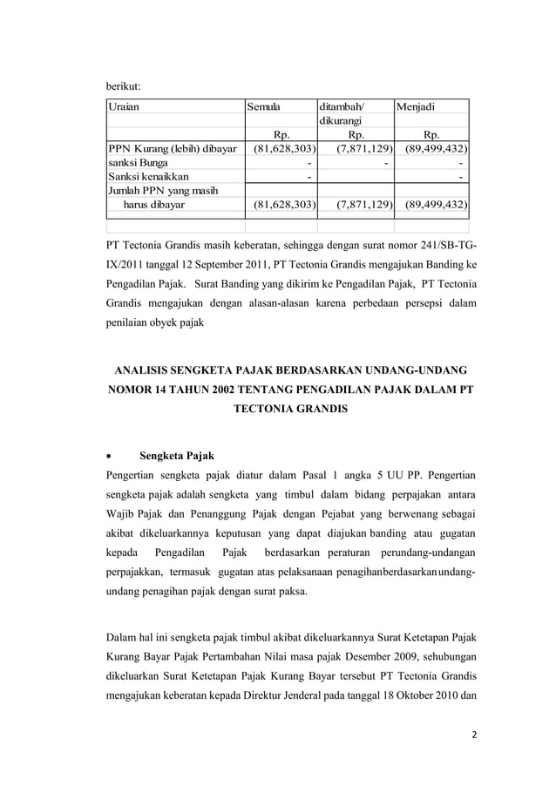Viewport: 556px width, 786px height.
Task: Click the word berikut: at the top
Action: click(x=123, y=86)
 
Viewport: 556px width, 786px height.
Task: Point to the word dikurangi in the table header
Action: click(x=342, y=122)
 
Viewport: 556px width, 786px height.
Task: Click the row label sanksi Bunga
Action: click(x=139, y=163)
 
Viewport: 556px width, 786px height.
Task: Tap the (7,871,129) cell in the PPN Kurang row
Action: click(x=357, y=149)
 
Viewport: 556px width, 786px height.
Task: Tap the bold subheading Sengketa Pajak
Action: click(x=177, y=456)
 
